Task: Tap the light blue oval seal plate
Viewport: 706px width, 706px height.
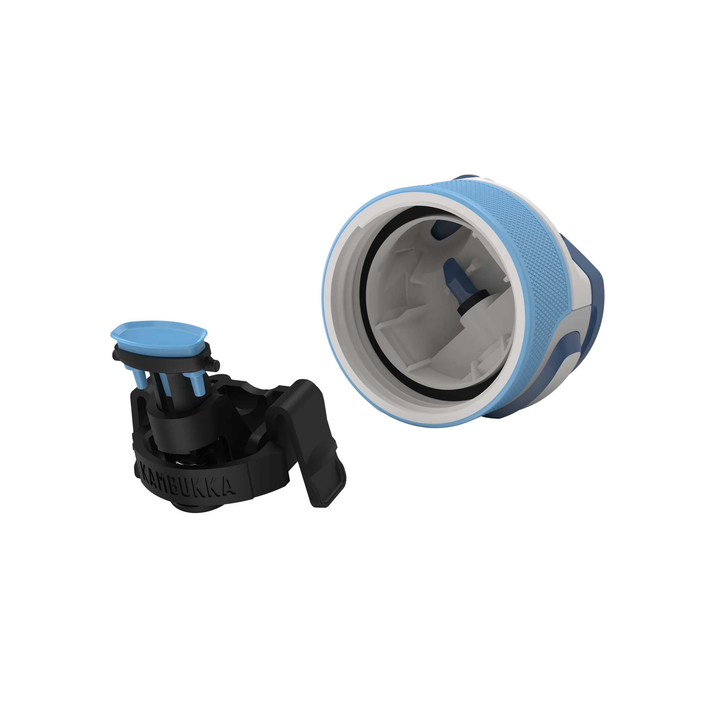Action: [x=158, y=334]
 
